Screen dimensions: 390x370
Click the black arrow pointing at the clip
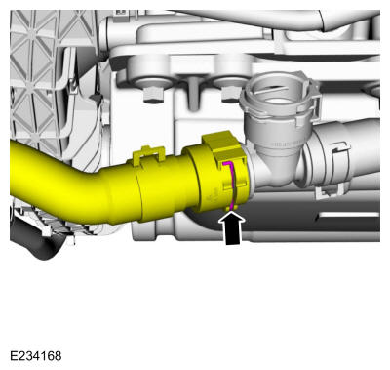click(232, 227)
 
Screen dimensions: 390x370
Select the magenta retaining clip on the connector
click(232, 185)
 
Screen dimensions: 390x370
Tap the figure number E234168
click(36, 356)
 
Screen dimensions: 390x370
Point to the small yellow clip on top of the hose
click(149, 154)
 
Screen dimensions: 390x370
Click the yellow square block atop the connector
click(220, 143)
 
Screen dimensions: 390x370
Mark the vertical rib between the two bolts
click(193, 94)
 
